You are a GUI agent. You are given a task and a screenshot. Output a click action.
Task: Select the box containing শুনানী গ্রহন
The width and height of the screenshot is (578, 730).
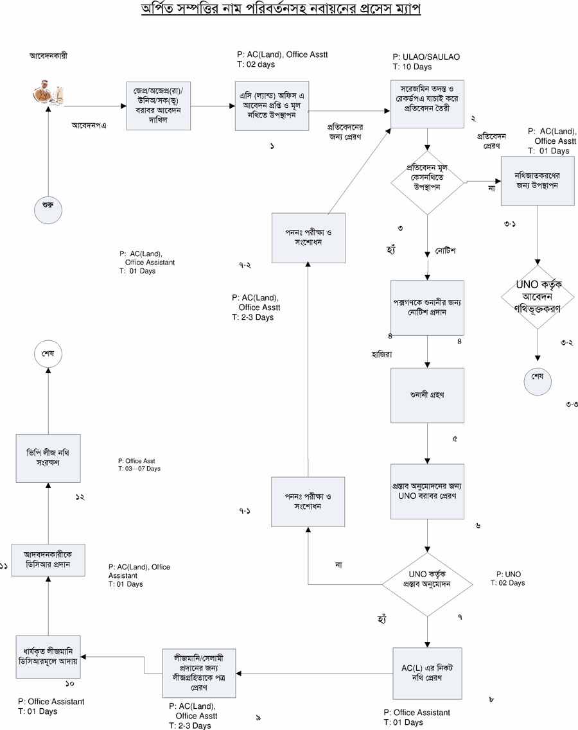click(428, 395)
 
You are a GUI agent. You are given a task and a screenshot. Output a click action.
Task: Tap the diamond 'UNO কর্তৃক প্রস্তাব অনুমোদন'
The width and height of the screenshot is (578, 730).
click(428, 584)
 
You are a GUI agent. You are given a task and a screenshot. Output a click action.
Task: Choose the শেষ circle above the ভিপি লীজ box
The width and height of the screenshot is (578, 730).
click(48, 354)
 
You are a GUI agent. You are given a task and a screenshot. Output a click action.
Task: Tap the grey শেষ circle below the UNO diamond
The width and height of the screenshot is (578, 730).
click(538, 377)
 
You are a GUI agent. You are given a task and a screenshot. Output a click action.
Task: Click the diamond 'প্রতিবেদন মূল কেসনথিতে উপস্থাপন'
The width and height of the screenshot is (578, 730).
click(428, 182)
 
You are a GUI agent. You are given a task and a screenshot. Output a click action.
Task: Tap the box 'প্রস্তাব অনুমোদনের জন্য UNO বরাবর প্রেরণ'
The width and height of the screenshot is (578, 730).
click(428, 491)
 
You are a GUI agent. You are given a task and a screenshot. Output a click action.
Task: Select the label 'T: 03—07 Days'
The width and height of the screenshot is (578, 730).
click(139, 469)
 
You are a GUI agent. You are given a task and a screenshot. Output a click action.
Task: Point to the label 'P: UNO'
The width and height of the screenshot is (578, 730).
click(509, 573)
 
